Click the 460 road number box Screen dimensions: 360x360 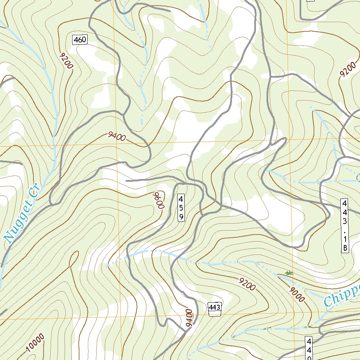[x=80, y=40]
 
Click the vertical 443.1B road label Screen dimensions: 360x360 [x=345, y=225]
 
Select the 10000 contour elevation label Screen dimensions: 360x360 [x=36, y=342]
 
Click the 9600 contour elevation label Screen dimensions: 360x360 [x=159, y=200]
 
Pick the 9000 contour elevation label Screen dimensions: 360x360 [x=296, y=294]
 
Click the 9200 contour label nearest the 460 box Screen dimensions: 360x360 [x=66, y=61]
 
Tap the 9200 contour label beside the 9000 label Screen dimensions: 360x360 [x=246, y=284]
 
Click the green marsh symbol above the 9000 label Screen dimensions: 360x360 [x=289, y=272]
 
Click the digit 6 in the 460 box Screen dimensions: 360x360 [x=80, y=40]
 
